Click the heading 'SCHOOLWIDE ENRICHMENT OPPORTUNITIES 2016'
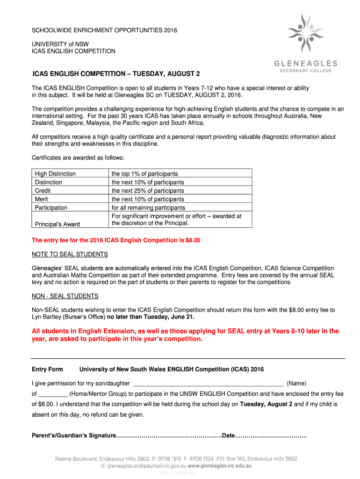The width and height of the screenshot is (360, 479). click(x=104, y=30)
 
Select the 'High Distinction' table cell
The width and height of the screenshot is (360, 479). click(x=55, y=174)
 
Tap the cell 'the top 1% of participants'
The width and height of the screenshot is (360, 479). click(x=144, y=174)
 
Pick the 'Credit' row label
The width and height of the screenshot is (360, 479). click(x=43, y=190)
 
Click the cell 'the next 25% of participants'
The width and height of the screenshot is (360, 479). click(x=148, y=190)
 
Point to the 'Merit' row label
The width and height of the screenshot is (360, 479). click(x=42, y=199)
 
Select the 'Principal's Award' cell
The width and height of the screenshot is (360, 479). click(x=57, y=224)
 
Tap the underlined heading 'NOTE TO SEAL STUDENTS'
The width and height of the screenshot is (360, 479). click(x=70, y=254)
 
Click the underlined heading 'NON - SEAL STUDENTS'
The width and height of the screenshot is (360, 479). click(x=65, y=296)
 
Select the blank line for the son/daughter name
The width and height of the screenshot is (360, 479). click(x=208, y=383)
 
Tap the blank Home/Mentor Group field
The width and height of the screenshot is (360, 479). click(x=53, y=394)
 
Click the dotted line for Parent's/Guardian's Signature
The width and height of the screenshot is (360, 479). click(x=169, y=435)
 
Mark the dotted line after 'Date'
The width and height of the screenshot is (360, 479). click(x=271, y=435)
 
